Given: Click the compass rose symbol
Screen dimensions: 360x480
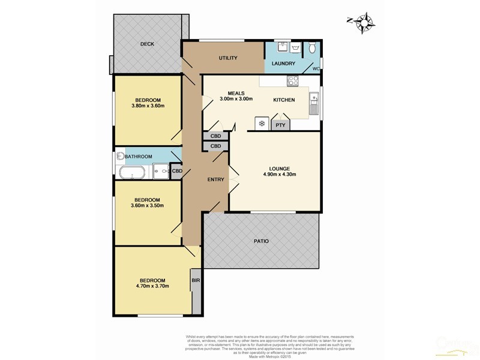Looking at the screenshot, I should pyautogui.click(x=362, y=23).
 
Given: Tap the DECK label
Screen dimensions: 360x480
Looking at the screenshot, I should pyautogui.click(x=147, y=44).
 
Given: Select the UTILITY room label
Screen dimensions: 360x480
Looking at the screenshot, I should pyautogui.click(x=228, y=58).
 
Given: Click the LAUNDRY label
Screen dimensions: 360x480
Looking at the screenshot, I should pyautogui.click(x=283, y=64).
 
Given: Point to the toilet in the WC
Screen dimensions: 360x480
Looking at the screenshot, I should pyautogui.click(x=312, y=49).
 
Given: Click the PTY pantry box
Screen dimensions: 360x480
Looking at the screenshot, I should pyautogui.click(x=281, y=125).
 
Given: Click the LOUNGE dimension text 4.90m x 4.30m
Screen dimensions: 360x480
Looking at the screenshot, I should pyautogui.click(x=280, y=175).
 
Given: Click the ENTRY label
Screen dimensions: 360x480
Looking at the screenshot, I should pyautogui.click(x=216, y=179).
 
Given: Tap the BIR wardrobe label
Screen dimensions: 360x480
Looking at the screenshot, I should pyautogui.click(x=196, y=280).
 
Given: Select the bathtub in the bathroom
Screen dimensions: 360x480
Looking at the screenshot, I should pyautogui.click(x=130, y=173).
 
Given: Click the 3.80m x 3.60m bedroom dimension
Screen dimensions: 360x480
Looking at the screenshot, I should pyautogui.click(x=148, y=106).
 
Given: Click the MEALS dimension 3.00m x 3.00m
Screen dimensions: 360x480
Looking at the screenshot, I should pyautogui.click(x=235, y=99).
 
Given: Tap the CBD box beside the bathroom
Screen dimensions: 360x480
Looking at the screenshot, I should pyautogui.click(x=177, y=171).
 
